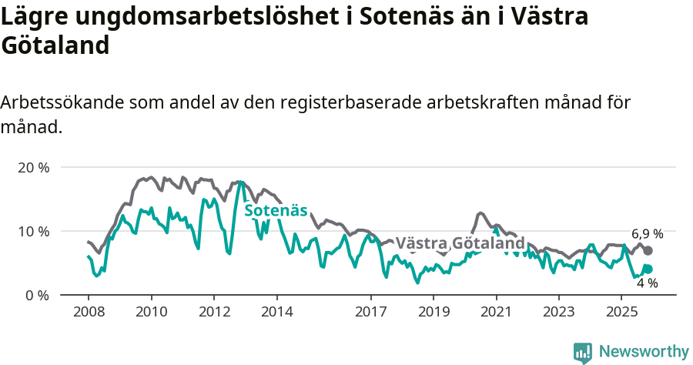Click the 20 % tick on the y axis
click(32, 167)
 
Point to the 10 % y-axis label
click(32, 231)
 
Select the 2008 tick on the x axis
click(88, 312)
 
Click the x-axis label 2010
click(151, 312)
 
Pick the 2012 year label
click(214, 312)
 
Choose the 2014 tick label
click(277, 312)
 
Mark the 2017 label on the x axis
click(371, 312)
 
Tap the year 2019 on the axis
click(434, 312)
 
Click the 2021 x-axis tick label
click(497, 312)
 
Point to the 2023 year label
click(559, 312)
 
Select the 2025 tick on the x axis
click(622, 312)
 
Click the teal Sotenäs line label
click(276, 210)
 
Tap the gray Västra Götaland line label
click(460, 243)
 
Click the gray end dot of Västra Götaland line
click(648, 250)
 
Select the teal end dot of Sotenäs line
click(648, 269)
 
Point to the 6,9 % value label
click(647, 234)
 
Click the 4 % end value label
click(647, 283)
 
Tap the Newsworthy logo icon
click(583, 352)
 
